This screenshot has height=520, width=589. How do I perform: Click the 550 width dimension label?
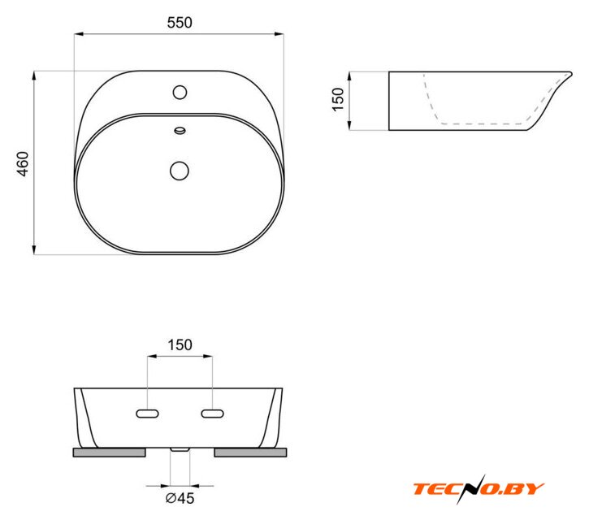[180, 23]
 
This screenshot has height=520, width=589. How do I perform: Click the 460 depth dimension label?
[23, 164]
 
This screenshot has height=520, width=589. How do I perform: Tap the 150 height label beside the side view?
[338, 99]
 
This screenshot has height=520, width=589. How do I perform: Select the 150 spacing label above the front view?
[180, 345]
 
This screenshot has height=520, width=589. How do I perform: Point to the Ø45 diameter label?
[180, 498]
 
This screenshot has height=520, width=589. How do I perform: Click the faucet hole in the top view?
[180, 92]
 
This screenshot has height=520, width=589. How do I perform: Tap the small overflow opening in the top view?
[180, 131]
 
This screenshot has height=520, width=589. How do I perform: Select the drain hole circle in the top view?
[180, 171]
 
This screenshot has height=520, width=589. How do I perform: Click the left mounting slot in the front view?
[147, 414]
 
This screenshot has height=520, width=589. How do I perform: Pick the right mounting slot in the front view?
[213, 414]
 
